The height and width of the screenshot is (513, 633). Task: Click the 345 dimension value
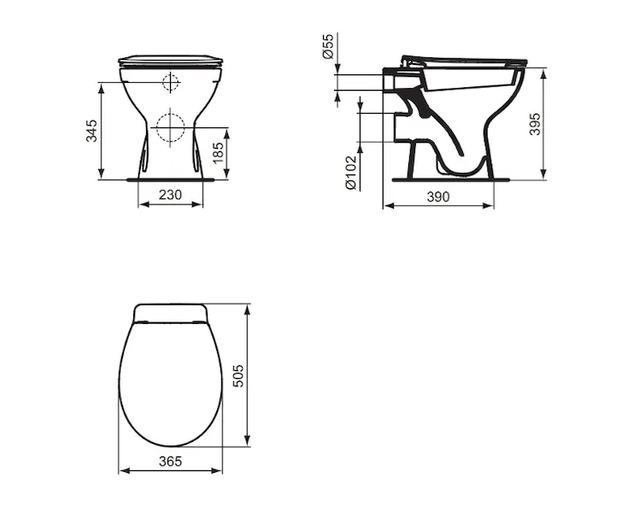91,131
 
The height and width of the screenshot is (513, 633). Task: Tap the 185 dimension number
218,153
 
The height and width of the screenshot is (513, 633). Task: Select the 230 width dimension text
170,195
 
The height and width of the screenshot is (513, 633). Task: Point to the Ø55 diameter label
328,46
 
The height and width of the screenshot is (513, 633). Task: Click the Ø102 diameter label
351,173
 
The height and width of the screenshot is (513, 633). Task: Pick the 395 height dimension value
535,124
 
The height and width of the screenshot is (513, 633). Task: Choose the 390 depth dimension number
438,197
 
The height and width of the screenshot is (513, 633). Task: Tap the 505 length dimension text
239,375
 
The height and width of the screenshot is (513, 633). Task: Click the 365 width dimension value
170,461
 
